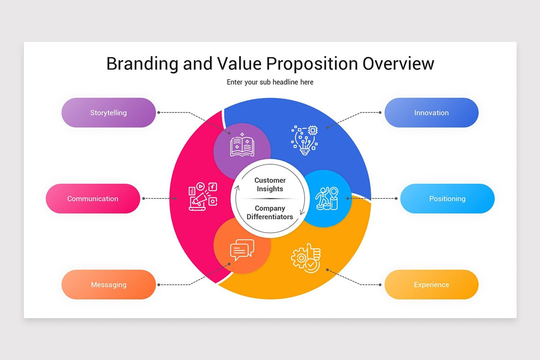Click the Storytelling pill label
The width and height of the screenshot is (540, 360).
pos(108,112)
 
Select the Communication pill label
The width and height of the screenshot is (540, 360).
pos(93,198)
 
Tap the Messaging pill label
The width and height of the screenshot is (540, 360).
pos(108,284)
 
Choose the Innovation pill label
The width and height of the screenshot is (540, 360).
pos(431,112)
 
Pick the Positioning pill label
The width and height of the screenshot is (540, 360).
pos(447,198)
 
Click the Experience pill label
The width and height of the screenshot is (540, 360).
pos(431,284)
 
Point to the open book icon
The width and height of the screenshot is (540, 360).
pos(242,145)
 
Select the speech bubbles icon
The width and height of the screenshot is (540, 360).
pos(242,250)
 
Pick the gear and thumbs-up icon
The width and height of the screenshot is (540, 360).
pos(306,258)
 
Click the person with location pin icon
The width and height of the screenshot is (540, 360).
pos(327,198)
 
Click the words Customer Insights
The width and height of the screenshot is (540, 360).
pos(270,184)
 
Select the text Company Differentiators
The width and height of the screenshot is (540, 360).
pos(270,212)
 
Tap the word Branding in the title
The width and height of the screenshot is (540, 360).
pos(142,63)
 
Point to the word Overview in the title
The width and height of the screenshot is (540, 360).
pos(398,63)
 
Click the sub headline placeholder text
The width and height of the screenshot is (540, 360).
pos(270,82)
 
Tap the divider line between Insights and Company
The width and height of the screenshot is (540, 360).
pos(270,198)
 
